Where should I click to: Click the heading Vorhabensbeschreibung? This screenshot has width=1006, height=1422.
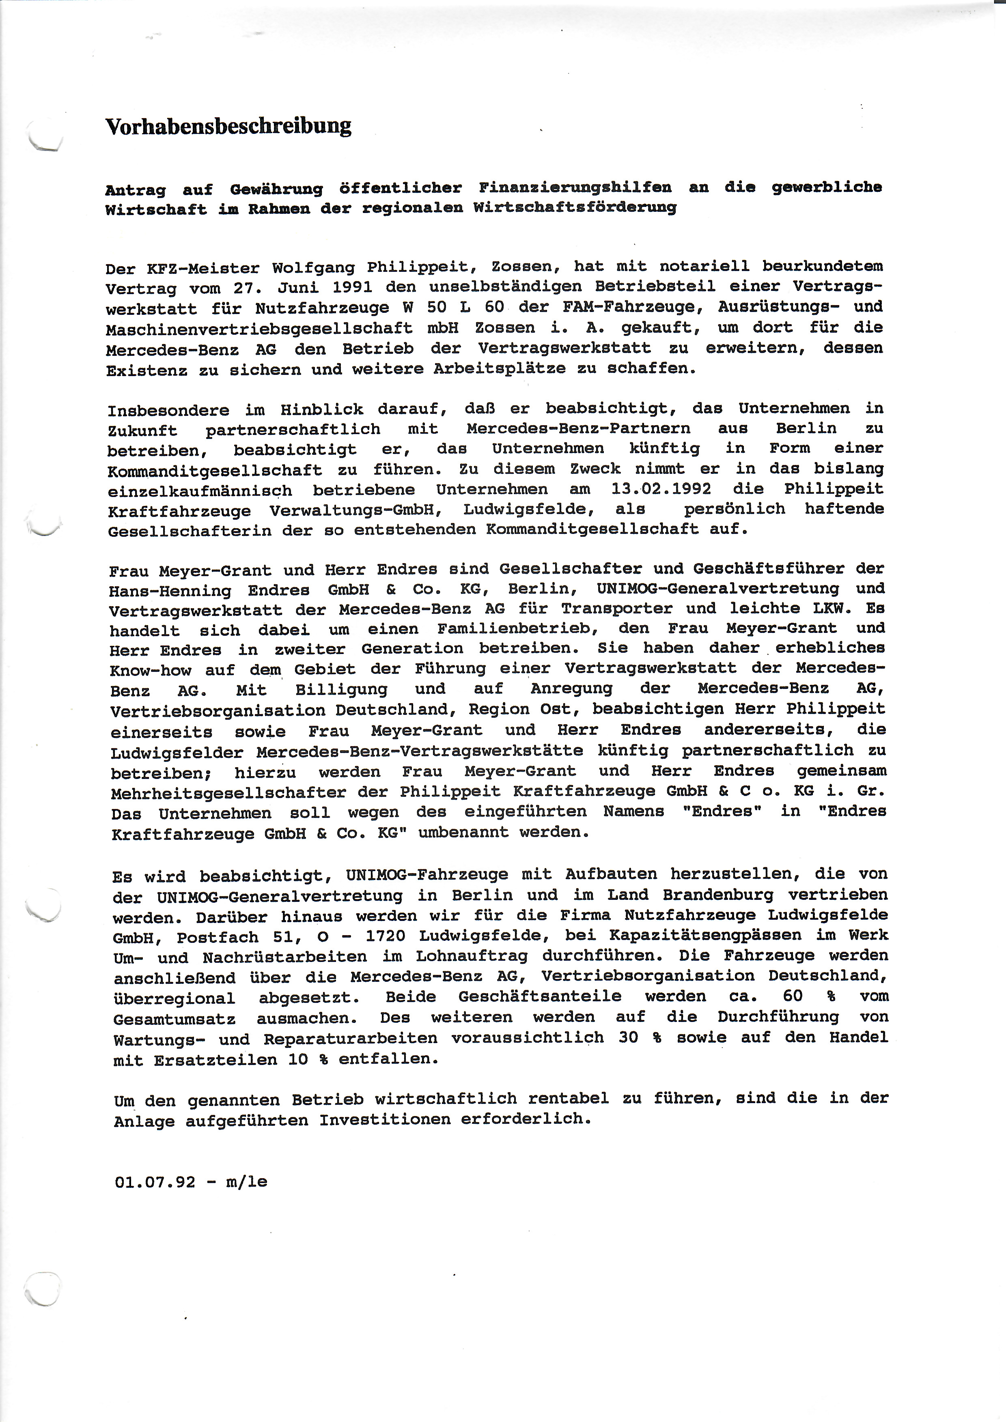(228, 126)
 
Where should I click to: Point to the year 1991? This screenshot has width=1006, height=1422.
(352, 287)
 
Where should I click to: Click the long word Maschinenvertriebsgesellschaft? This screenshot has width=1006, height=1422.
(259, 328)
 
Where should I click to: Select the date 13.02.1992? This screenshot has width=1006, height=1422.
(661, 488)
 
